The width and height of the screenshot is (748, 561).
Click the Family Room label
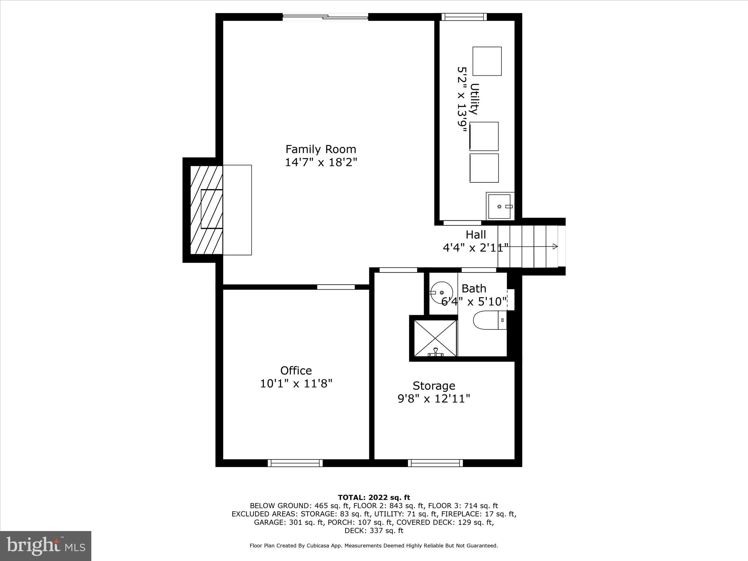(x=320, y=149)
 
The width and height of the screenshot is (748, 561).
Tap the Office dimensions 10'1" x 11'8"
(x=296, y=384)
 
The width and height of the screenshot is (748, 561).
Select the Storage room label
(x=434, y=386)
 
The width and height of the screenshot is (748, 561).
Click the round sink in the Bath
(x=442, y=293)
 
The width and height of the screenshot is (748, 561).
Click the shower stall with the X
(x=435, y=338)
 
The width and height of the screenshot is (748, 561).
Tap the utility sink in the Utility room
(x=499, y=206)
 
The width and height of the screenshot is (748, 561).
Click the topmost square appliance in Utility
(x=487, y=61)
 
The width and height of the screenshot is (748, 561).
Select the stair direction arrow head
(x=555, y=247)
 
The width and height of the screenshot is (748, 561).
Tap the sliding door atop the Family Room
(x=325, y=16)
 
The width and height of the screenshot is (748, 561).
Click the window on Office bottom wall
(x=295, y=463)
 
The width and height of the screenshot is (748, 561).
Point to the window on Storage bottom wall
(x=435, y=463)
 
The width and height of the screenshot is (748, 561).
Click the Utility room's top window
(x=464, y=17)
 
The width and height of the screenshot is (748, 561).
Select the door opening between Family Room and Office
(x=336, y=287)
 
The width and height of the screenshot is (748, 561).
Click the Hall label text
(x=476, y=234)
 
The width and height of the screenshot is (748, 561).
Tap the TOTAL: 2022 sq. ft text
(x=374, y=497)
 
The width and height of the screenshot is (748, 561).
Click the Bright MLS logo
(x=45, y=546)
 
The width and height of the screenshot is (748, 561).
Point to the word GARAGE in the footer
(x=270, y=522)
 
